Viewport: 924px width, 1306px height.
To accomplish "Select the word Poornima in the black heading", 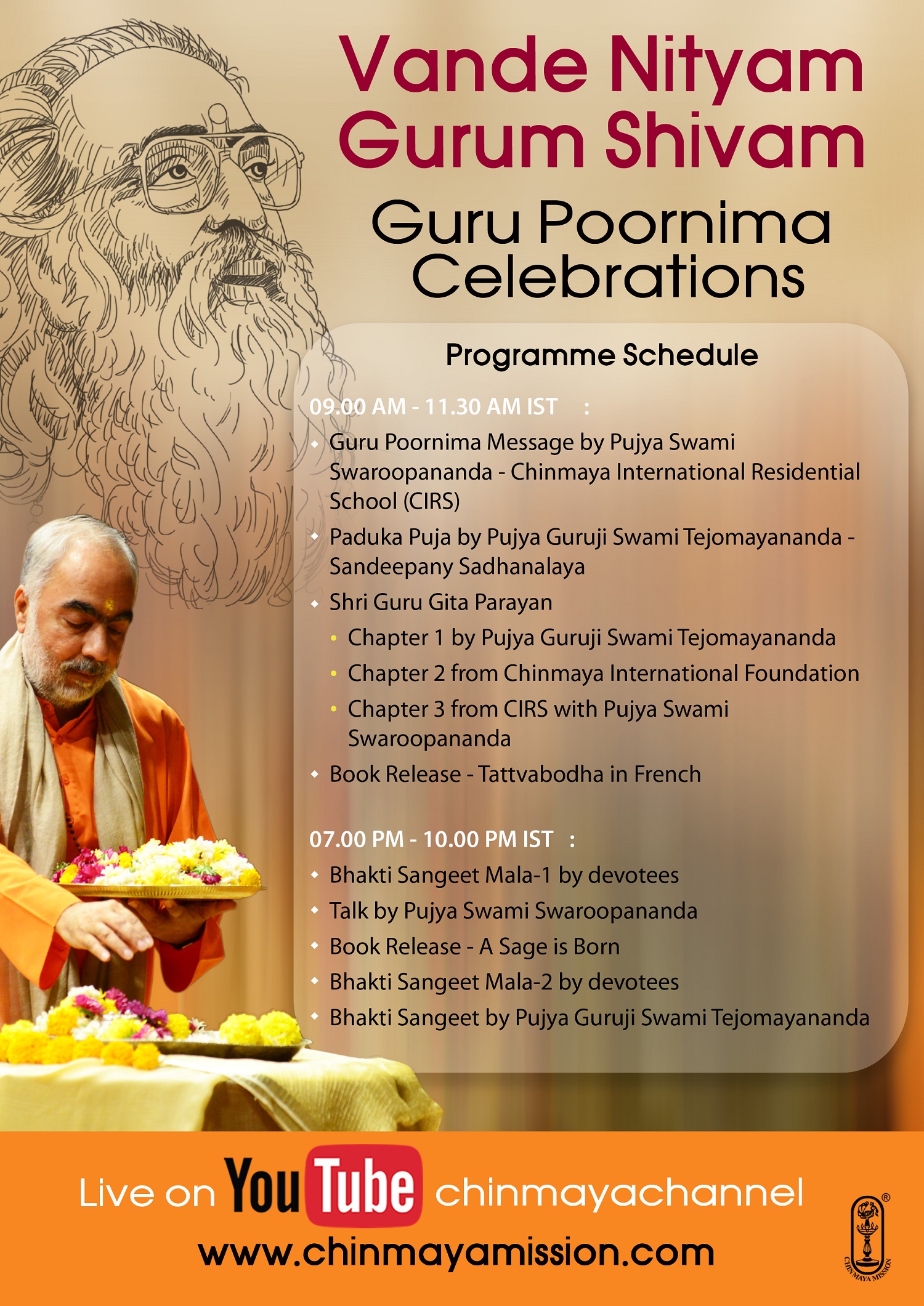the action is pyautogui.click(x=685, y=223).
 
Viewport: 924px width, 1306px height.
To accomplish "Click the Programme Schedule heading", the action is pyautogui.click(x=602, y=355).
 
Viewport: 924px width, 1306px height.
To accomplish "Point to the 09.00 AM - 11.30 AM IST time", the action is pyautogui.click(x=433, y=406).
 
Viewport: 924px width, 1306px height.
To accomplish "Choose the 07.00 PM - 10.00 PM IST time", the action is pyautogui.click(x=431, y=839).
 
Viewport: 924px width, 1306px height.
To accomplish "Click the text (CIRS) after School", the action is pyautogui.click(x=431, y=501).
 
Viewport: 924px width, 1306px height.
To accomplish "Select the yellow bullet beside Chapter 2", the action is pyautogui.click(x=334, y=674).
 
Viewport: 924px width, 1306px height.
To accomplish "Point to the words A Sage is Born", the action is pyautogui.click(x=549, y=947).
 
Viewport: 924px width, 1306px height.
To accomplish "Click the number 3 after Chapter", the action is pyautogui.click(x=439, y=709).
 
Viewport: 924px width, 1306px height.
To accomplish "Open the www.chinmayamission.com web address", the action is pyautogui.click(x=456, y=1253).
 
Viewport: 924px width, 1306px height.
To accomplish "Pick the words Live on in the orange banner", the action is pyautogui.click(x=147, y=1194).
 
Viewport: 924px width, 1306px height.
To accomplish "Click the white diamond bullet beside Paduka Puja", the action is pyautogui.click(x=315, y=537).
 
